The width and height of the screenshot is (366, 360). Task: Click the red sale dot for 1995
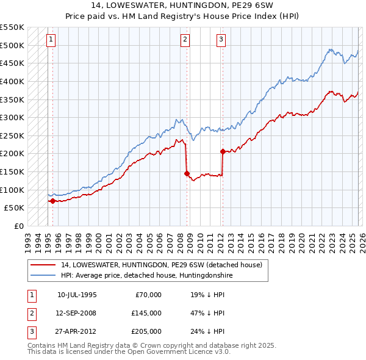(53, 200)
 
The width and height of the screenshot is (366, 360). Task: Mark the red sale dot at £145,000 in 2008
(187, 173)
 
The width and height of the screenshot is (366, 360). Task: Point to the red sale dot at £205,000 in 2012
(223, 151)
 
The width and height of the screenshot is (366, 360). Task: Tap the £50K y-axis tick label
(15, 207)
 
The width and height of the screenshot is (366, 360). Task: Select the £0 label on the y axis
(18, 226)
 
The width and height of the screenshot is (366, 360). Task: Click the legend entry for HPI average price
(146, 275)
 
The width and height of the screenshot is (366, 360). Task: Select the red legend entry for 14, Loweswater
(161, 265)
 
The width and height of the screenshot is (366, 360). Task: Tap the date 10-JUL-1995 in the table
(77, 295)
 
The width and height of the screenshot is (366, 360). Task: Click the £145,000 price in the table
(146, 313)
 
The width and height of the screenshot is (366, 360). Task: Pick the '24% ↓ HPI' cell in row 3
(207, 331)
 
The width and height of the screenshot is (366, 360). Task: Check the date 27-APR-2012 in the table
(77, 331)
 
